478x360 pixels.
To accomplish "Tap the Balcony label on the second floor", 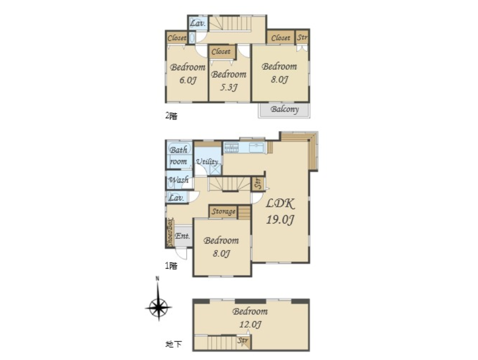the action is [284, 109].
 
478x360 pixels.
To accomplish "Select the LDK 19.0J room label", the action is [280, 211].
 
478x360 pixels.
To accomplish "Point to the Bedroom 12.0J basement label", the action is [250, 318].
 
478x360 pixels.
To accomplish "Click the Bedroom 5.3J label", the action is [228, 81].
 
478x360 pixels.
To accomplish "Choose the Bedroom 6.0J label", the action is [188, 74].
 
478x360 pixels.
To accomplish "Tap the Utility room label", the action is [207, 162].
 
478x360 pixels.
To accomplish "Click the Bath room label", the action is [179, 156].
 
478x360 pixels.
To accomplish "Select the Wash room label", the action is [179, 180].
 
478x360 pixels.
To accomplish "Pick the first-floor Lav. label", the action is [176, 197].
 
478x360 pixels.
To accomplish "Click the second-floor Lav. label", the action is [198, 23].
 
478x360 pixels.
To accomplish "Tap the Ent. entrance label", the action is [183, 236].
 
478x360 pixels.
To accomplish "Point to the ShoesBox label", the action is [170, 232].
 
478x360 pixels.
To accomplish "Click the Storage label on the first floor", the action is [224, 211].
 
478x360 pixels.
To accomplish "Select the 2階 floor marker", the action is [171, 116].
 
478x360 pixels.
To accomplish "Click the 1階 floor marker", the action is [171, 266].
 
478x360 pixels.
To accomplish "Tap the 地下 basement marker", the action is [173, 344].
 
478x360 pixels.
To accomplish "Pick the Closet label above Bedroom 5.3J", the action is [221, 52].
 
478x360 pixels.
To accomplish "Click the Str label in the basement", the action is [243, 340].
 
